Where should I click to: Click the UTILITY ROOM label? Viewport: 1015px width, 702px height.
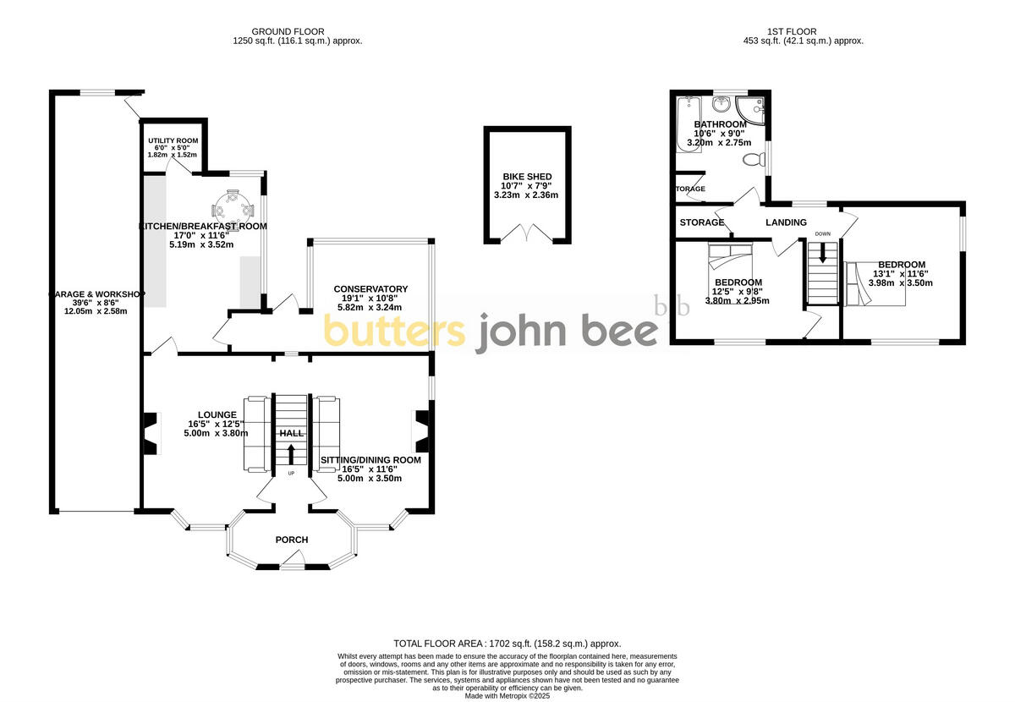pos(173,140)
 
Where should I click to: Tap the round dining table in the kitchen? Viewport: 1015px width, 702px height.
pos(231,206)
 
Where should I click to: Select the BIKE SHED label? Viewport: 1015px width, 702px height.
pos(525,177)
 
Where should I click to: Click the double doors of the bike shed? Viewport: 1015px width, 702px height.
pos(527,234)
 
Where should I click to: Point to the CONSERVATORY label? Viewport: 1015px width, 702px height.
pos(370,289)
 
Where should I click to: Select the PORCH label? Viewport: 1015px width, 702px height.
pos(292,540)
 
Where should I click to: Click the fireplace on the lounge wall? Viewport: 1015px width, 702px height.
pos(151,432)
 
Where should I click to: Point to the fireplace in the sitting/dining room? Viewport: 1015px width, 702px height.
pos(420,431)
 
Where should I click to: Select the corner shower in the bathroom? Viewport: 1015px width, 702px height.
pos(751,108)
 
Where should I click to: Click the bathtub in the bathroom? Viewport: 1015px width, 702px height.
pos(686,123)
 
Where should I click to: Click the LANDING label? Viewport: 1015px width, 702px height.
pos(786,222)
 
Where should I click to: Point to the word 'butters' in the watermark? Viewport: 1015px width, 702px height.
pos(394,332)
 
